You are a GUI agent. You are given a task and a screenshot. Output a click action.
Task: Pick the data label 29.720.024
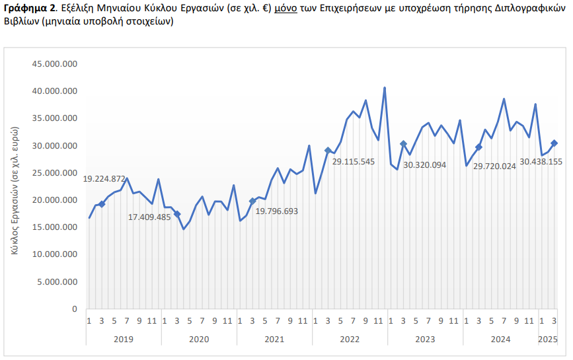(x=494, y=166)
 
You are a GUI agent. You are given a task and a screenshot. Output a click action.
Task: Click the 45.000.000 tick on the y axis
(x=55, y=64)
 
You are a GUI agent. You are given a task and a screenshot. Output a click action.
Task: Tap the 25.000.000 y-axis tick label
(x=55, y=173)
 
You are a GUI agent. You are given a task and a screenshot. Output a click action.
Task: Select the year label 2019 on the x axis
(x=124, y=340)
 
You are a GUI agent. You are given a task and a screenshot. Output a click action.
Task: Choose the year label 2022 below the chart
(x=350, y=340)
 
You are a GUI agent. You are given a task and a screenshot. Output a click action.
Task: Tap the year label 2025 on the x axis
(x=548, y=340)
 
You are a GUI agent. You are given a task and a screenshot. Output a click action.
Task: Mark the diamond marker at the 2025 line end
(x=554, y=143)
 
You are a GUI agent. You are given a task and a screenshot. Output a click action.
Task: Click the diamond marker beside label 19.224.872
(x=102, y=204)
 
